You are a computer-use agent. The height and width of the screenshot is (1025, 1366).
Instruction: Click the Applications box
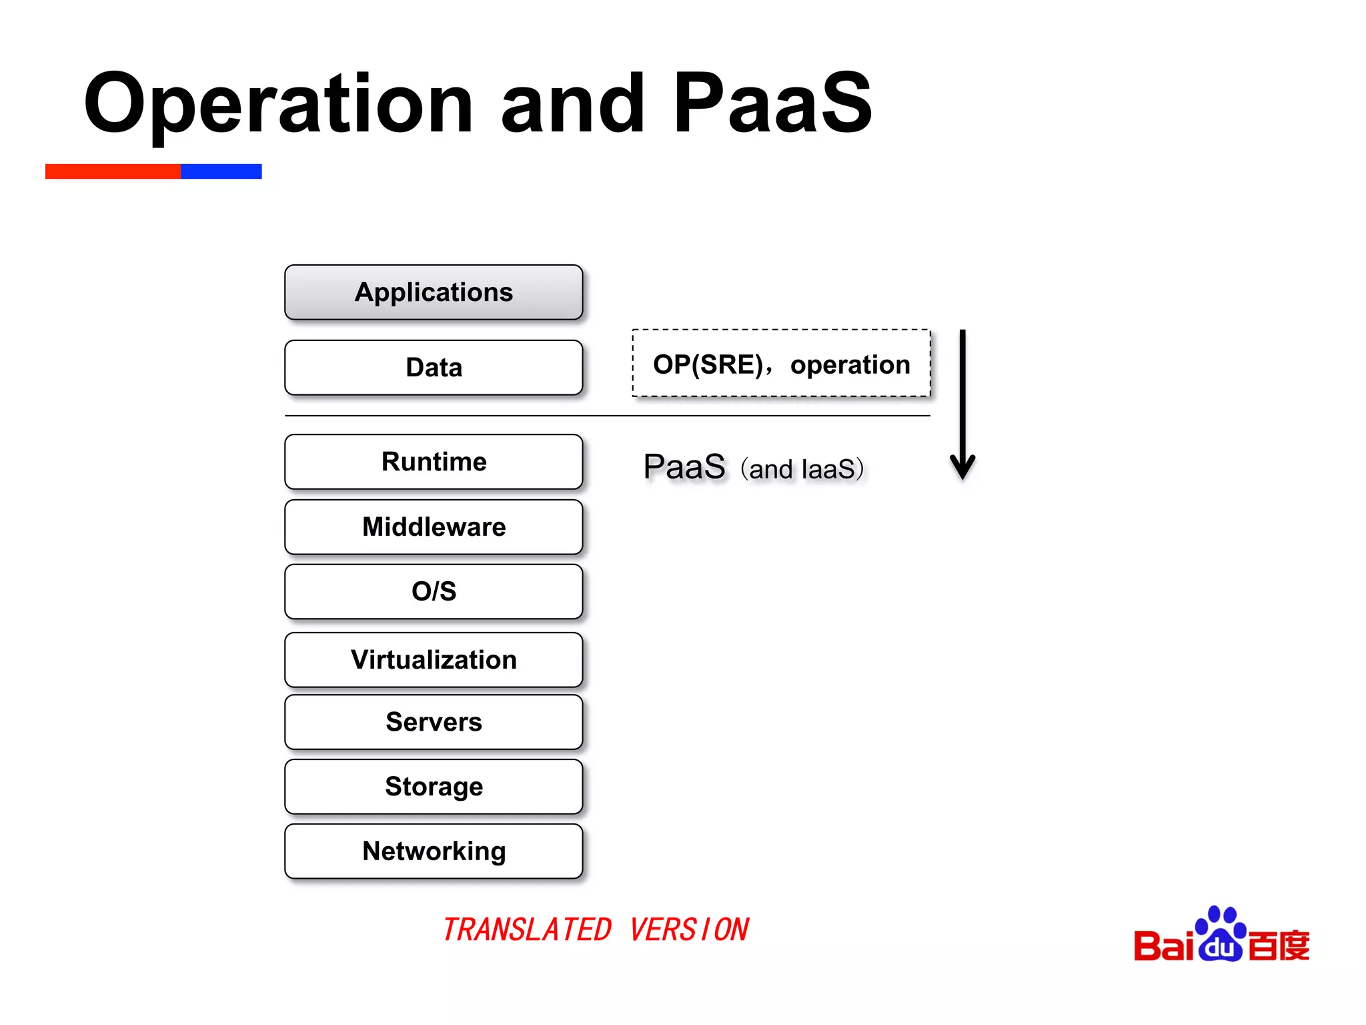(x=434, y=292)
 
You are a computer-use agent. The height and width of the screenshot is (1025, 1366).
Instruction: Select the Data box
(x=434, y=368)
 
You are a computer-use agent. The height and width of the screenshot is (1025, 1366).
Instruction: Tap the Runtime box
(x=434, y=462)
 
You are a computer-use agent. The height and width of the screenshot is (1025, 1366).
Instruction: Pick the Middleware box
(x=434, y=527)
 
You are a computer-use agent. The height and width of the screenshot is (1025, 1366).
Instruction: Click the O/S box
(x=434, y=592)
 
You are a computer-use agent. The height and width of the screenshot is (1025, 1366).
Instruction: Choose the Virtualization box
(x=434, y=660)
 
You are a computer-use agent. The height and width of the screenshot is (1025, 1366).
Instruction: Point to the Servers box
(x=434, y=722)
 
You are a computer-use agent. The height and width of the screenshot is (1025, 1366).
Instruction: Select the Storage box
(x=434, y=787)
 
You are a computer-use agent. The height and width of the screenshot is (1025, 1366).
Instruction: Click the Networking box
(x=434, y=851)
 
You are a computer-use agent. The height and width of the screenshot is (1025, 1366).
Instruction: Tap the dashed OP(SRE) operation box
(x=781, y=364)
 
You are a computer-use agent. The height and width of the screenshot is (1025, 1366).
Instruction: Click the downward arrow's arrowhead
(x=962, y=467)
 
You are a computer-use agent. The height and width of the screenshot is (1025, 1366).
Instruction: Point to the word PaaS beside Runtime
(x=684, y=466)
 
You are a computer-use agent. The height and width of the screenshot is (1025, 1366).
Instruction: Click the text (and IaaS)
(x=802, y=469)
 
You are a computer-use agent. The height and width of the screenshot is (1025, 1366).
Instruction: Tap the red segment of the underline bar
(x=113, y=172)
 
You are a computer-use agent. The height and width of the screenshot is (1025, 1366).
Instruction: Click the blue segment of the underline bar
(x=221, y=172)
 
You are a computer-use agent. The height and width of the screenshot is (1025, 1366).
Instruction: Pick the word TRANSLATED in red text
(x=527, y=930)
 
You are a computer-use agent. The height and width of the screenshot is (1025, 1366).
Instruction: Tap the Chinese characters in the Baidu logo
(x=1278, y=946)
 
